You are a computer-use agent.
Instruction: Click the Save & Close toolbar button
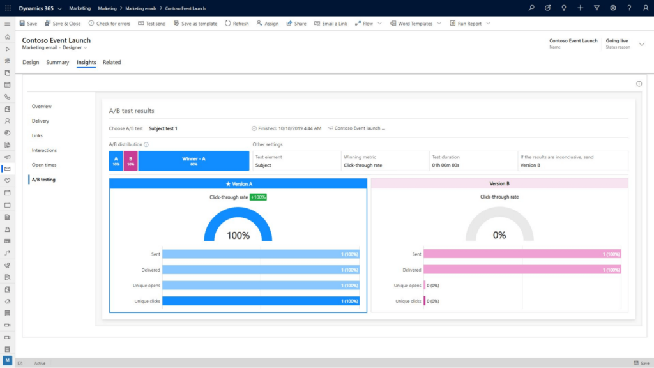tap(63, 24)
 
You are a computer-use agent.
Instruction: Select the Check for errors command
tap(109, 24)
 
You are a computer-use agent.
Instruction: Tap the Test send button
tap(152, 24)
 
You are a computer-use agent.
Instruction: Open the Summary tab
tap(57, 63)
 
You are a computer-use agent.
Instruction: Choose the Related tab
tap(112, 63)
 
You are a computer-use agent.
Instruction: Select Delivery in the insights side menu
tap(40, 121)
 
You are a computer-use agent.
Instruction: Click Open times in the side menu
tap(44, 165)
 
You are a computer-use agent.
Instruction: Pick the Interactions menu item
tap(44, 150)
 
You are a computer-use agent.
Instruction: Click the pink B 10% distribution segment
tap(130, 161)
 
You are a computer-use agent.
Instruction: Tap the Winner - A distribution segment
tap(194, 161)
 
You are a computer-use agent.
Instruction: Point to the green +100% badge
tap(258, 197)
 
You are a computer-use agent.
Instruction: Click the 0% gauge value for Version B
tap(499, 235)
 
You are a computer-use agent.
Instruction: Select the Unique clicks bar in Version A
tap(261, 301)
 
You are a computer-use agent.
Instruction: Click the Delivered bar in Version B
tap(522, 270)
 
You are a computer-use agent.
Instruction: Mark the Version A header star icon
tap(229, 184)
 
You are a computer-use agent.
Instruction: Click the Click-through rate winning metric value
tap(363, 165)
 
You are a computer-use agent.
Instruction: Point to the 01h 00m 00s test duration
tap(446, 165)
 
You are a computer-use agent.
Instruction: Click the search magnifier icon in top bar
tap(531, 8)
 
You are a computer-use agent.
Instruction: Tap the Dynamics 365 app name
tap(36, 8)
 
